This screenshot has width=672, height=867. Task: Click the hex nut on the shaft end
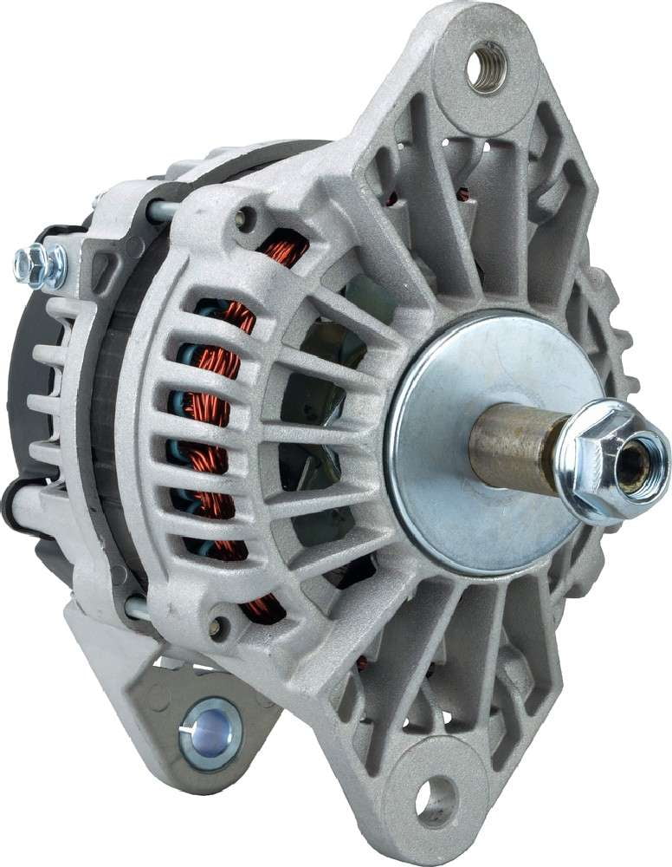(606, 460)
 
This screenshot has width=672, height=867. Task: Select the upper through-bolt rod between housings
(161, 210)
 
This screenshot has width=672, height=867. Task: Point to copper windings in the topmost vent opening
(286, 251)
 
